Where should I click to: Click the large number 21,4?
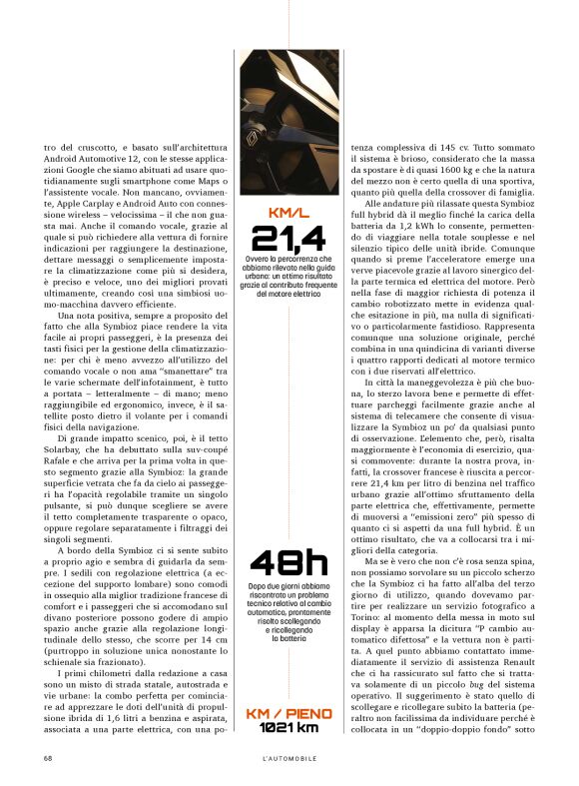click(x=289, y=238)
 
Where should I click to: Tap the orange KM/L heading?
click(x=289, y=212)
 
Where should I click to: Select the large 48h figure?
click(x=289, y=564)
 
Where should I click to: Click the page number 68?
click(x=48, y=758)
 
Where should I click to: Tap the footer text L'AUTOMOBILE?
click(x=289, y=758)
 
